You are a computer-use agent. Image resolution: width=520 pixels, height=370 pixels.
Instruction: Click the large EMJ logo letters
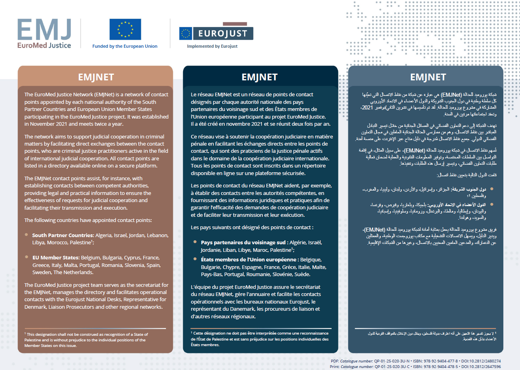click(x=44, y=30)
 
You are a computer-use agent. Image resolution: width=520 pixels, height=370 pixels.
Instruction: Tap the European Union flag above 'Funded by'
click(x=125, y=29)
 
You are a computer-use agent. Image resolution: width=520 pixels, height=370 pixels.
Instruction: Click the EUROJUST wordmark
click(x=223, y=33)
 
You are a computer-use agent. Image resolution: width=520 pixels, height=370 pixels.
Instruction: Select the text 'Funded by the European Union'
click(x=125, y=46)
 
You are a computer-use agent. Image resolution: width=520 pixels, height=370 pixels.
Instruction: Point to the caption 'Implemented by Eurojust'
click(x=212, y=46)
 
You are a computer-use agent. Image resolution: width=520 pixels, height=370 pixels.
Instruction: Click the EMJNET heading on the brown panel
click(x=96, y=77)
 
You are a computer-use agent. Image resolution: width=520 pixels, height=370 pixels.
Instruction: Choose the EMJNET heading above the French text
click(x=260, y=77)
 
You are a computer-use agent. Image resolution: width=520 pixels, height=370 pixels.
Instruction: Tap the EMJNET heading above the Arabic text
click(x=428, y=77)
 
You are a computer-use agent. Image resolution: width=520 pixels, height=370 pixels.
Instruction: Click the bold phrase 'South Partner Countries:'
click(x=63, y=235)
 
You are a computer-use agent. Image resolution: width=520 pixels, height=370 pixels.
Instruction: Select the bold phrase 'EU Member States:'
click(x=56, y=257)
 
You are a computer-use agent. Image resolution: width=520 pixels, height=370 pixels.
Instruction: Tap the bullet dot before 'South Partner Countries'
click(x=26, y=235)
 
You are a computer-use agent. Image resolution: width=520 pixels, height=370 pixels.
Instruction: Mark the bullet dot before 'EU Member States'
click(x=26, y=257)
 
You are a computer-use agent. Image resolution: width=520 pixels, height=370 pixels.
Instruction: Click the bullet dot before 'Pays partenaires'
click(x=195, y=242)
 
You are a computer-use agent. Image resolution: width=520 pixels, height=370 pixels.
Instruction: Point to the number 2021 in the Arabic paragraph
click(x=367, y=107)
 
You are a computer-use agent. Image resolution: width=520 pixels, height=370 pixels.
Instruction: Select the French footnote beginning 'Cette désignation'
click(x=260, y=339)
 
